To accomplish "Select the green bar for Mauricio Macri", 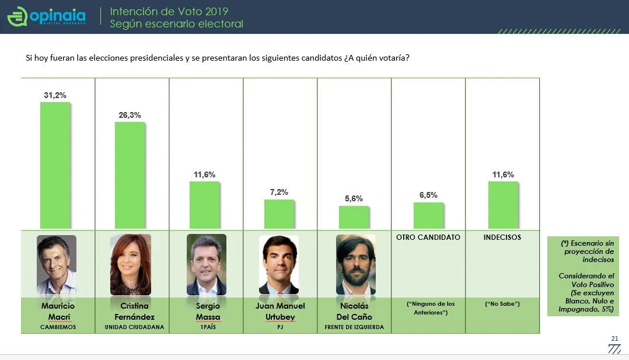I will tap(55, 165).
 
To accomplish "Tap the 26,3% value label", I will tap(130, 115).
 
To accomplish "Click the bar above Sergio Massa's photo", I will tap(204, 205).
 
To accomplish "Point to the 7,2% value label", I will tap(278, 192).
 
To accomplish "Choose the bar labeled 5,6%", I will tap(354, 217).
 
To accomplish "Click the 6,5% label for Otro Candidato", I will tap(428, 195).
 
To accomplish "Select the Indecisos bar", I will tap(502, 205).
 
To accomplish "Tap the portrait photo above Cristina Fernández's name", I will tap(130, 264).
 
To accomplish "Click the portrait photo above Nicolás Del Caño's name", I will tap(355, 264).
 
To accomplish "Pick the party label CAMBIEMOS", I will tap(58, 327).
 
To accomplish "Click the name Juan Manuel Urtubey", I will tap(280, 312).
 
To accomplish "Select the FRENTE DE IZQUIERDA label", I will tap(354, 327).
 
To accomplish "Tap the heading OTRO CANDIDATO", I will tap(428, 237).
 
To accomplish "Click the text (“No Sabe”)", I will tap(502, 304).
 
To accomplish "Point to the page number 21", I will tap(614, 338).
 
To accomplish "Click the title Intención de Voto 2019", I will tap(169, 12).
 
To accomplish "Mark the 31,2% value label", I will tap(55, 95).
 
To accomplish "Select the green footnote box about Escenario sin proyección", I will tap(585, 276).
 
